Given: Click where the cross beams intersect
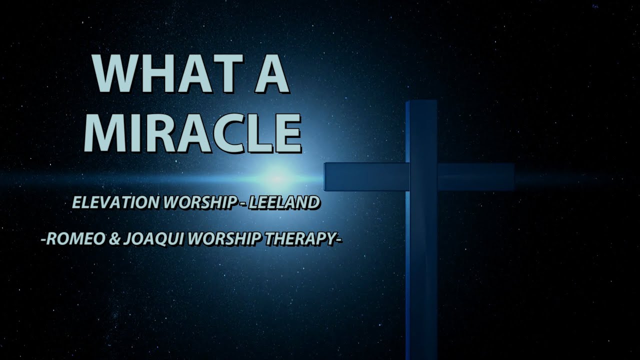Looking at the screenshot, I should tap(423, 176).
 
